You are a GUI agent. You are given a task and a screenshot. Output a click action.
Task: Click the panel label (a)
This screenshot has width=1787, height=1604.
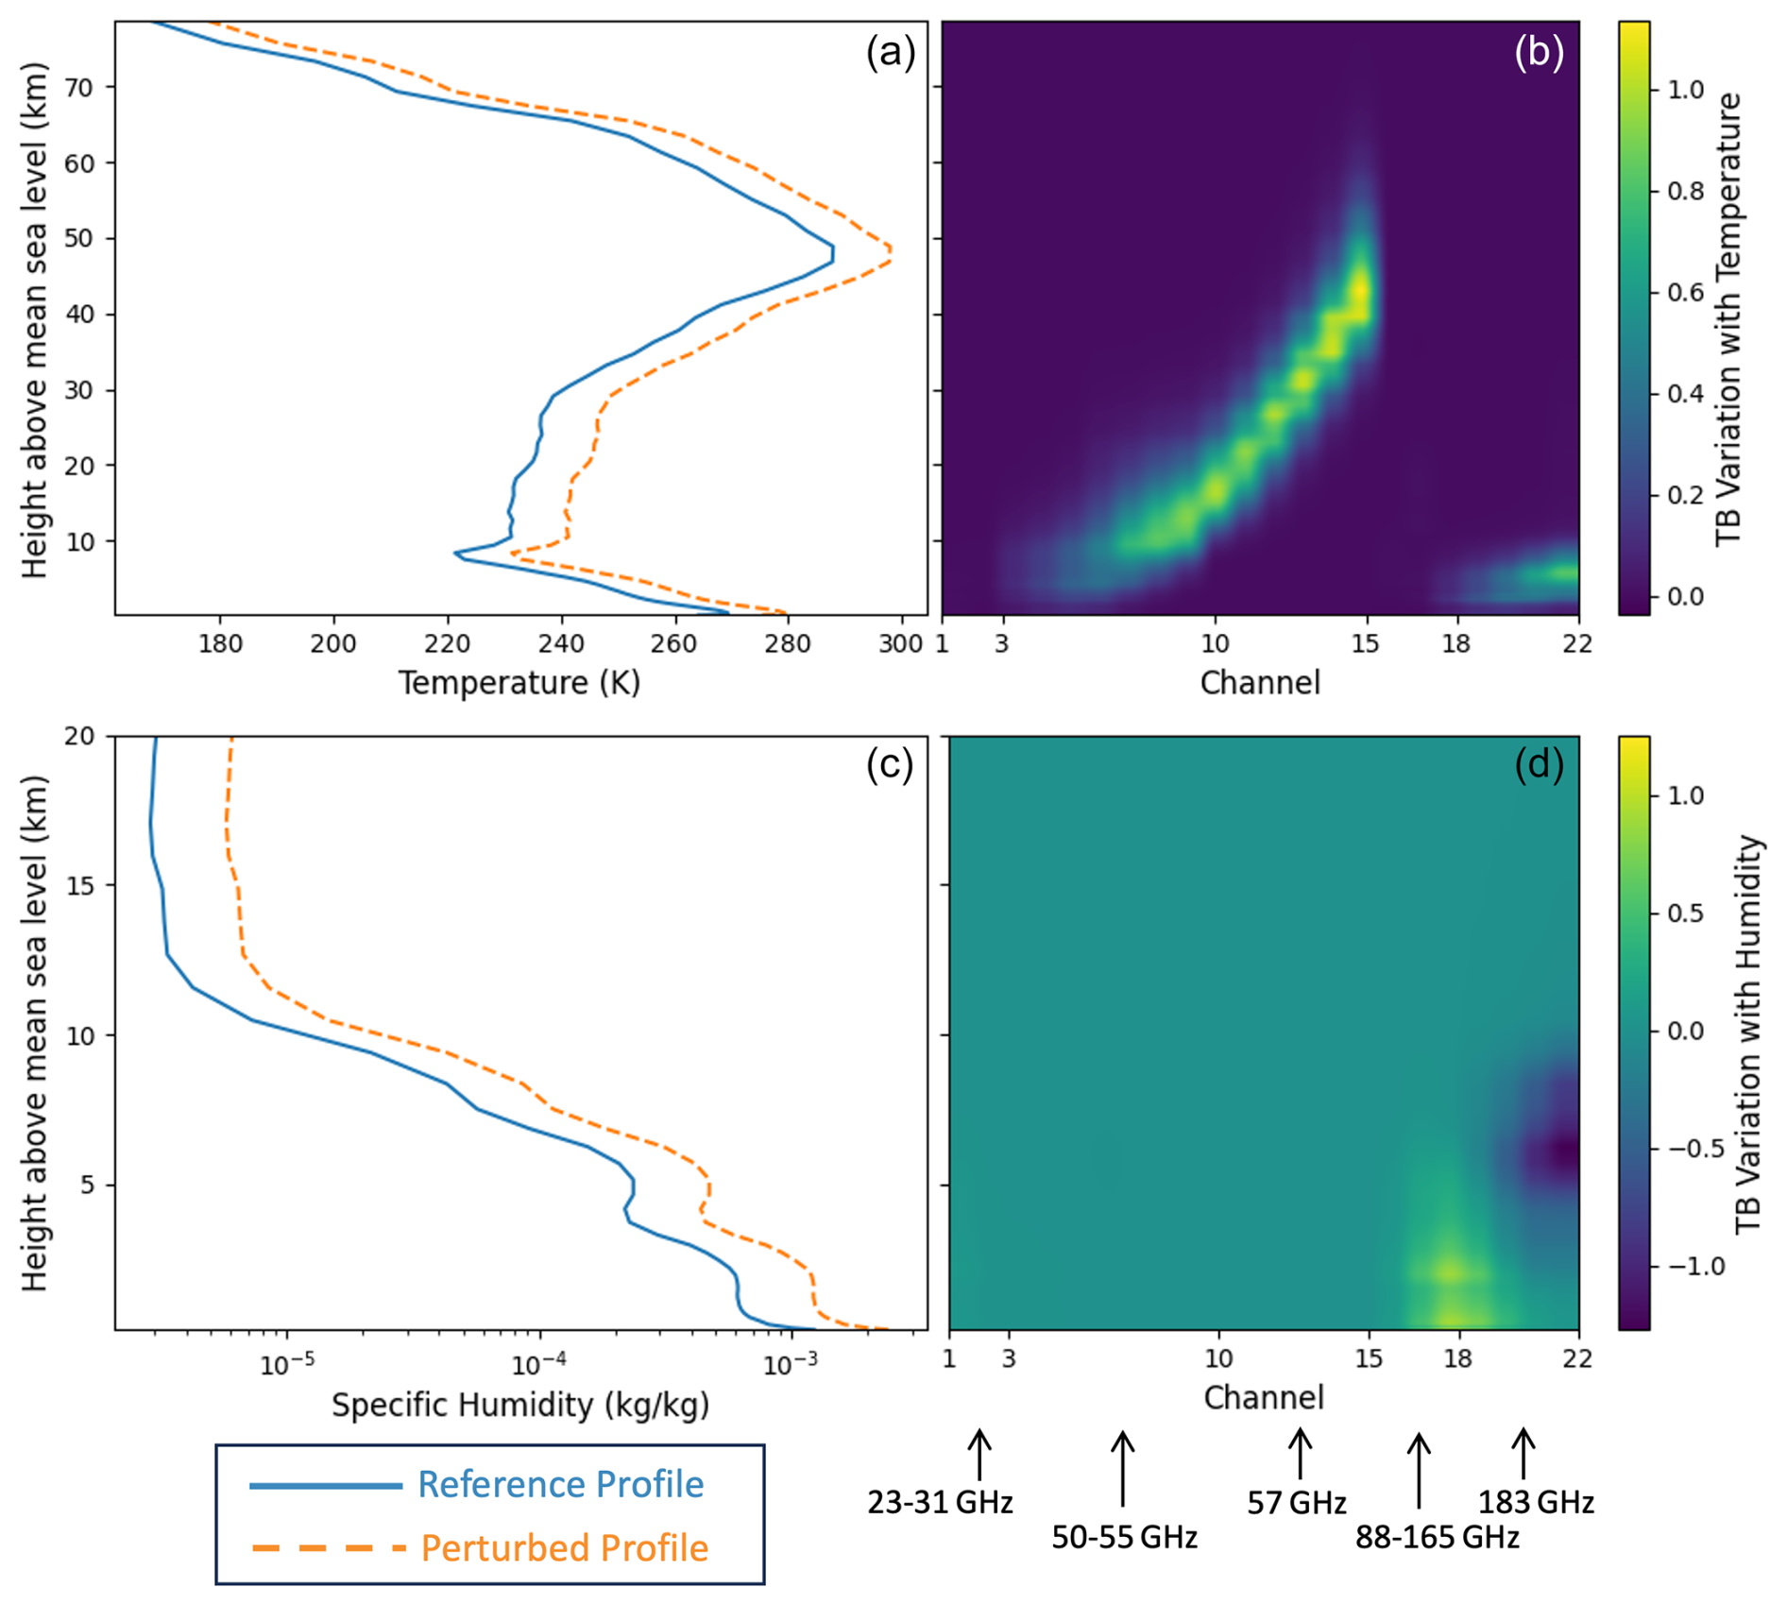[x=890, y=53]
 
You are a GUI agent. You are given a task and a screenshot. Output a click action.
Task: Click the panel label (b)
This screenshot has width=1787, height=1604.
[x=1539, y=53]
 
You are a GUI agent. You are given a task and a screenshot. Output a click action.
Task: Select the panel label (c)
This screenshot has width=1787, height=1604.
[x=890, y=765]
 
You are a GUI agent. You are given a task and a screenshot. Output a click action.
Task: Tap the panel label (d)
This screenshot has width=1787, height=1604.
[x=1539, y=765]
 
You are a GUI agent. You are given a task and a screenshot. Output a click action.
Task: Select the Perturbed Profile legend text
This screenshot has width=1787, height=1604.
[x=564, y=1548]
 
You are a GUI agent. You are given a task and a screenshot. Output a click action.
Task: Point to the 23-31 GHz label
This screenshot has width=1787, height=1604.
[x=940, y=1503]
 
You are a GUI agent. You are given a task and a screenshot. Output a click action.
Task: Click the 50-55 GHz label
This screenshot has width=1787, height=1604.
[x=1124, y=1538]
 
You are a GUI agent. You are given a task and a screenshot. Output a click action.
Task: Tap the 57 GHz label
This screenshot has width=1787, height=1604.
[x=1296, y=1503]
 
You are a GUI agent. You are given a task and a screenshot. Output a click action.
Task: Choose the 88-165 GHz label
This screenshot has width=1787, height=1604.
[x=1437, y=1538]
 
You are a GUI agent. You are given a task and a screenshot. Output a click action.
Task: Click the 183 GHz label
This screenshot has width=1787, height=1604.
[x=1536, y=1503]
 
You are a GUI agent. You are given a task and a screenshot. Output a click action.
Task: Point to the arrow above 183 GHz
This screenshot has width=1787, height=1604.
[x=1523, y=1453]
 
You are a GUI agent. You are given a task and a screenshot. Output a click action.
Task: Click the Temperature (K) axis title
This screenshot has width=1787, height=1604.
[x=519, y=682]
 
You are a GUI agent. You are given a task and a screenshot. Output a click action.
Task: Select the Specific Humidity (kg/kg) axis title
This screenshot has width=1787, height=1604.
[x=519, y=1406]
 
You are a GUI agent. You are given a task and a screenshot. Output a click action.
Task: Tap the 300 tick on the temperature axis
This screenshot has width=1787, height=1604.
[x=901, y=644]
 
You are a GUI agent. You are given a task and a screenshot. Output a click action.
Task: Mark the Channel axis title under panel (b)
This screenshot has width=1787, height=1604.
[x=1259, y=682]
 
